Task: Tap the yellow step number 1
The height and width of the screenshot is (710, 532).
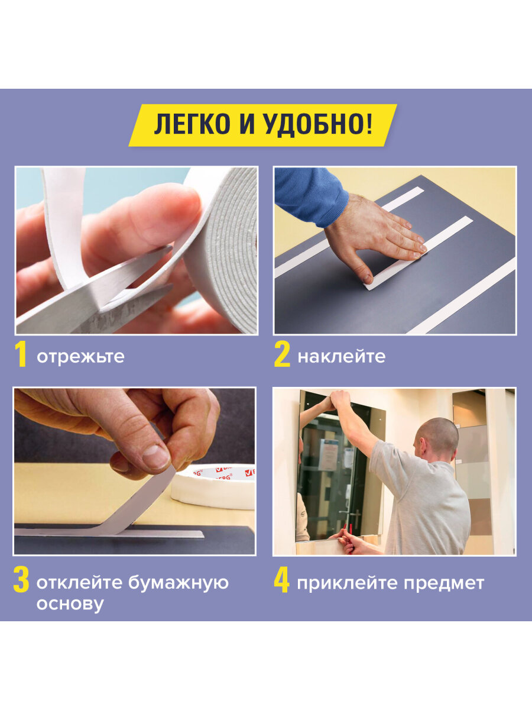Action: (x=21, y=355)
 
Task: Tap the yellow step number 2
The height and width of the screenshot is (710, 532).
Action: (x=282, y=355)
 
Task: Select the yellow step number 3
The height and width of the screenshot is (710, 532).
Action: (x=21, y=582)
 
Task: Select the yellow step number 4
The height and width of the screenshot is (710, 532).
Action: (x=281, y=582)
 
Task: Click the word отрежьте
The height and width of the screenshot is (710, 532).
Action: (x=80, y=357)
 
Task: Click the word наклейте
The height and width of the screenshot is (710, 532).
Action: (x=341, y=357)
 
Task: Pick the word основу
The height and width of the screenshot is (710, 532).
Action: (x=70, y=604)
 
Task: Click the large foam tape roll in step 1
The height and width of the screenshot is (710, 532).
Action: (x=228, y=248)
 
